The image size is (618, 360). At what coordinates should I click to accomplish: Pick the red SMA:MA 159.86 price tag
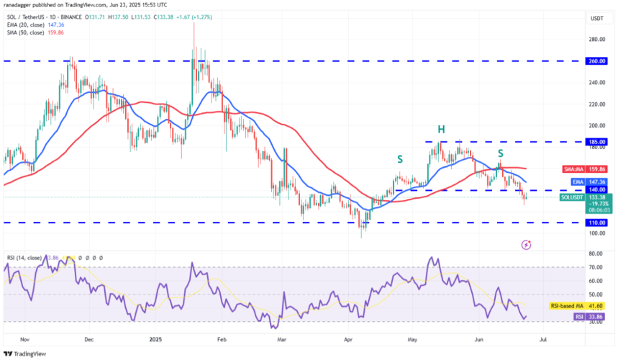point(584,168)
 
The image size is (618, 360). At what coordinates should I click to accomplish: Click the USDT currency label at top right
point(596,18)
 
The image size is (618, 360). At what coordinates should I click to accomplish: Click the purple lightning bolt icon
point(526,245)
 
